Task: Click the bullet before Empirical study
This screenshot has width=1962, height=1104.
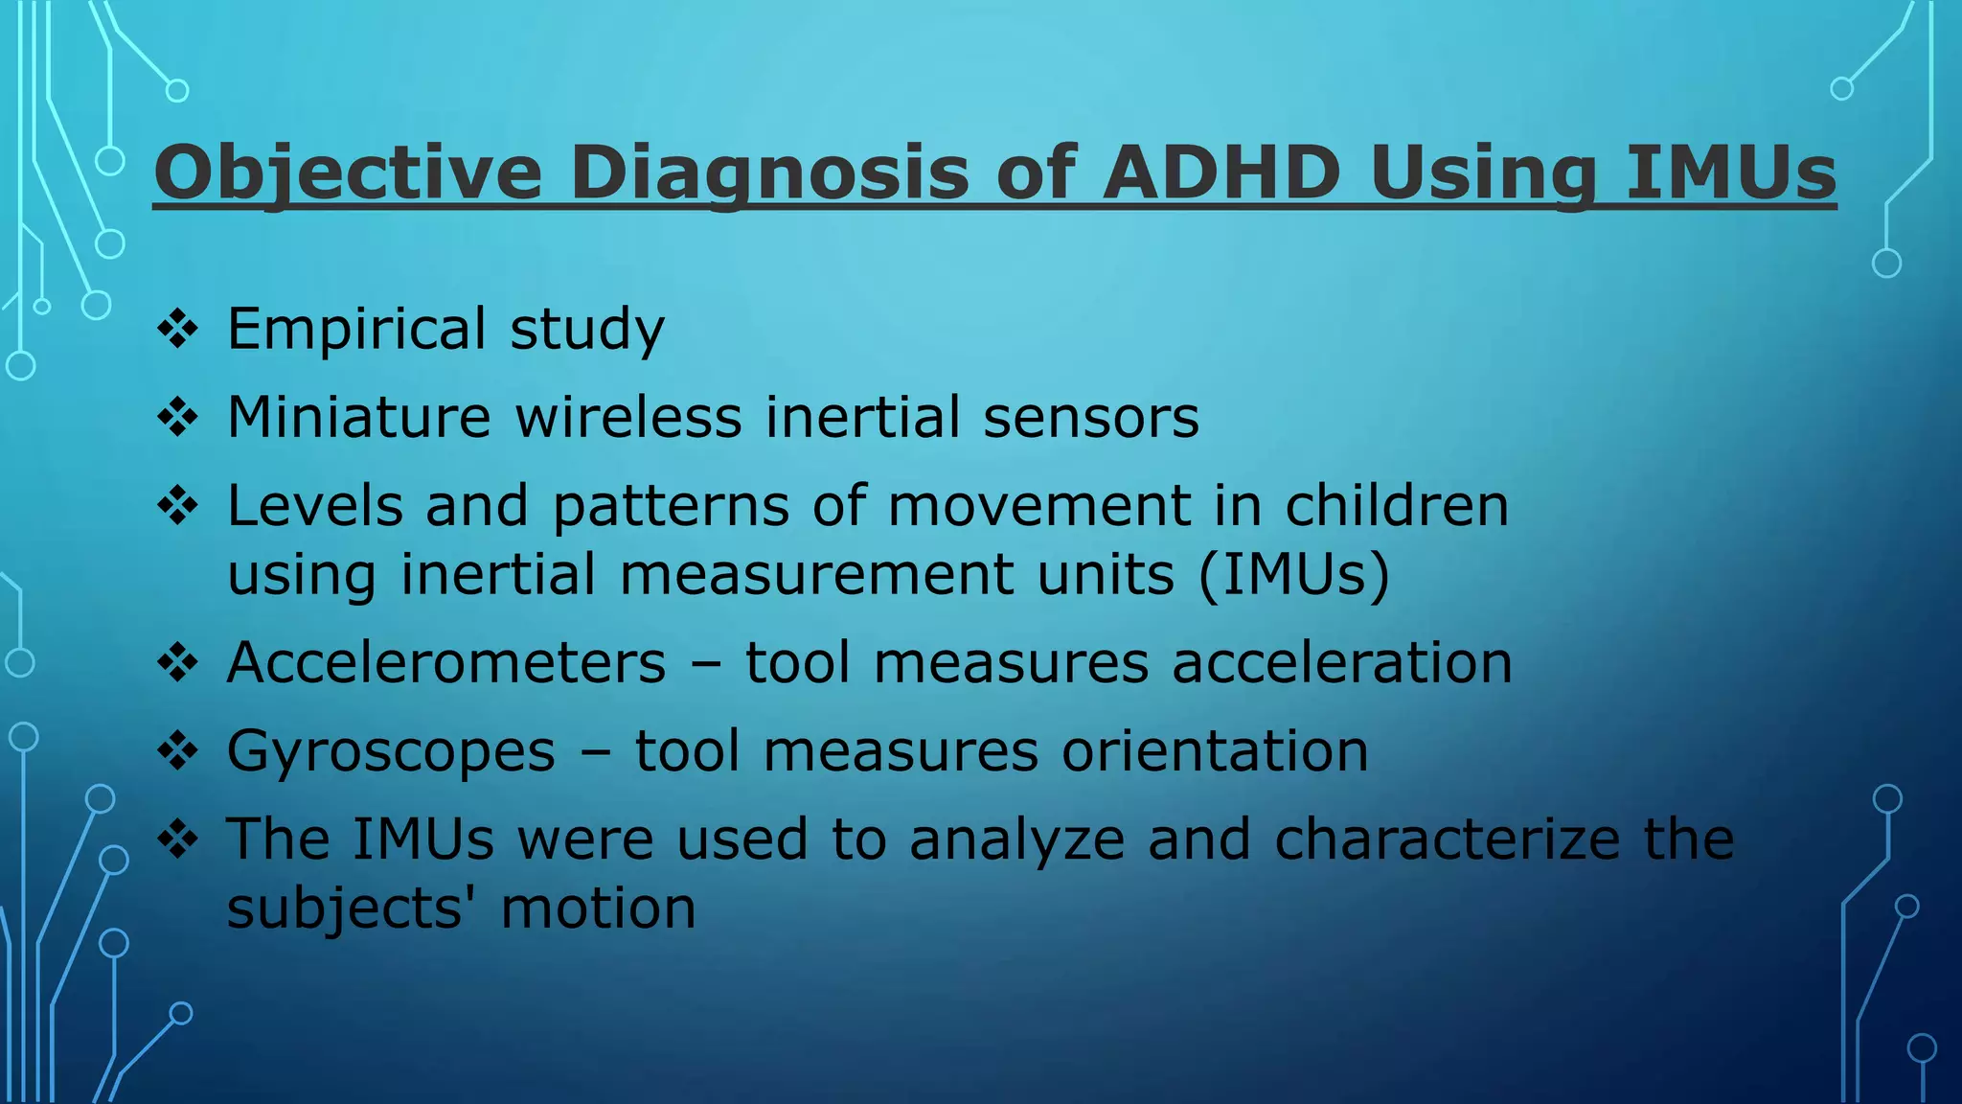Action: point(178,330)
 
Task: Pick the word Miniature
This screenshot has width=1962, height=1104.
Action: point(358,418)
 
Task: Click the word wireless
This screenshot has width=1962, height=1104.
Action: point(628,418)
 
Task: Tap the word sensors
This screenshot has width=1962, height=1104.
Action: point(1090,418)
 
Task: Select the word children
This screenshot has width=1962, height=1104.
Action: point(1396,506)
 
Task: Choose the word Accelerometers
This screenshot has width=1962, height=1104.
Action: point(445,663)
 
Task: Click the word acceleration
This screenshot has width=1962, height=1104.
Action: point(1341,663)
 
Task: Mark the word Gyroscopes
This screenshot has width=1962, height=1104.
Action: point(391,751)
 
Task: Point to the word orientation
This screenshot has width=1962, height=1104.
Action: point(1215,751)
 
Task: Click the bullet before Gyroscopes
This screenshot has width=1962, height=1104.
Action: point(178,751)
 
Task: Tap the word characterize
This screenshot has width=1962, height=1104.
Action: point(1447,839)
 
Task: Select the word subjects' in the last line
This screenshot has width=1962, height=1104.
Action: point(352,908)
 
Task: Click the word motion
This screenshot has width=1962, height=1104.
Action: point(598,908)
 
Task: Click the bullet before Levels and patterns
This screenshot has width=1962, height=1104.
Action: point(178,506)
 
